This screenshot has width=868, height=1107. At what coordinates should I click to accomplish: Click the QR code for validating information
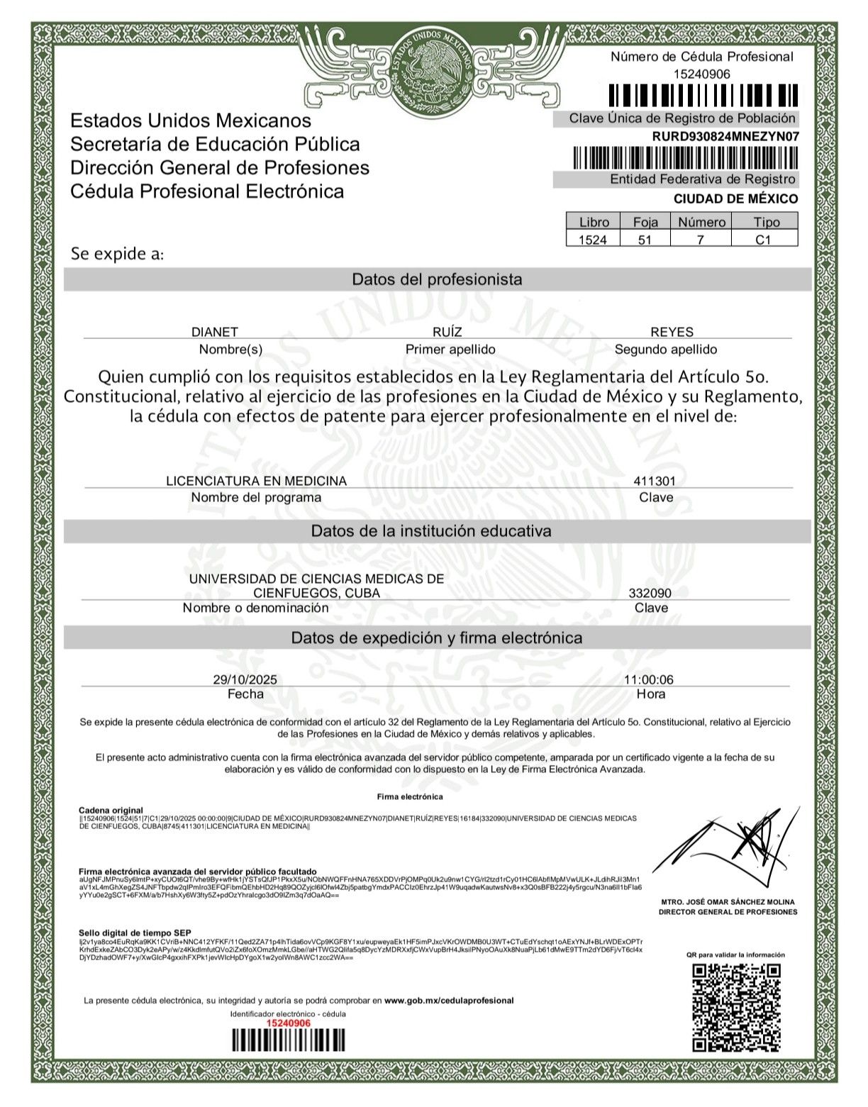(x=736, y=1007)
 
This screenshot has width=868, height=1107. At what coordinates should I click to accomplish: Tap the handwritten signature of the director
(x=730, y=847)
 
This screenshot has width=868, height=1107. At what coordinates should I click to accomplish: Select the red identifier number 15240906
(x=288, y=1023)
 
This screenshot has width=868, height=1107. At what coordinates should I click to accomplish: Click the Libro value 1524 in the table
(x=593, y=240)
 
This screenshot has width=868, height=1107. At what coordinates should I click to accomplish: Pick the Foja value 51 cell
(x=645, y=240)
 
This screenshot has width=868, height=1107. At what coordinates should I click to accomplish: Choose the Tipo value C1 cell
(x=763, y=240)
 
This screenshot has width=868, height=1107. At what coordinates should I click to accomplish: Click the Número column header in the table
(x=701, y=222)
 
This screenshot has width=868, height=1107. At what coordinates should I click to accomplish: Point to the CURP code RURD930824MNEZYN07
(x=725, y=136)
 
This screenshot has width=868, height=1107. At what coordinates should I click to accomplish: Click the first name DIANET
(x=215, y=332)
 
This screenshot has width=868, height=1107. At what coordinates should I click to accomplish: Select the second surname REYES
(x=672, y=332)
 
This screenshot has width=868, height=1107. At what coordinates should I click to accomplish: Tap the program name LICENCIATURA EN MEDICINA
(x=256, y=481)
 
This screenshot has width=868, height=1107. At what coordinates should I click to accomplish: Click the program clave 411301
(x=654, y=481)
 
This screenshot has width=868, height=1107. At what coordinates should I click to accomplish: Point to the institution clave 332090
(x=650, y=593)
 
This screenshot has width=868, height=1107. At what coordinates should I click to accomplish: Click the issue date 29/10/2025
(x=245, y=679)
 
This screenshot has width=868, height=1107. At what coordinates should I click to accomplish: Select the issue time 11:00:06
(x=648, y=679)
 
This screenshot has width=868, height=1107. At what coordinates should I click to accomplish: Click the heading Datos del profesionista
(x=437, y=279)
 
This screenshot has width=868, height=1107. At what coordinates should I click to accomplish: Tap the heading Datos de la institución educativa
(x=431, y=531)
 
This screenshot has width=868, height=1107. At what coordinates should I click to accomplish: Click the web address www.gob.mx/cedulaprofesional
(x=449, y=1001)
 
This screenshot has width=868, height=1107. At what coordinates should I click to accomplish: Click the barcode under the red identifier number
(x=288, y=1040)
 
